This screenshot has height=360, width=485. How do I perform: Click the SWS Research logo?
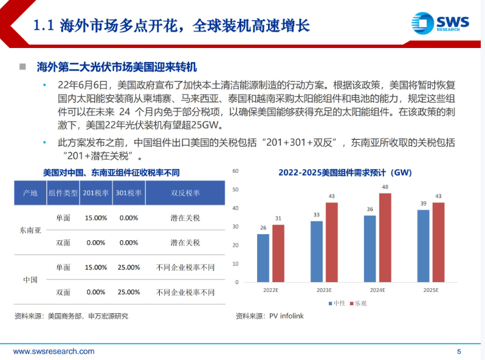[442, 24]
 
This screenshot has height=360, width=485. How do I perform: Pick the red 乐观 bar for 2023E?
[331, 244]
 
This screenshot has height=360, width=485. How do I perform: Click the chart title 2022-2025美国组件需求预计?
[345, 173]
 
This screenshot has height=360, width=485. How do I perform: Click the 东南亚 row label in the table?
[30, 230]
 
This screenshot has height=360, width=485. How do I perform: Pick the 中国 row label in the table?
[30, 279]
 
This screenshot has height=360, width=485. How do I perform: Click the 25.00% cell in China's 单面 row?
[129, 267]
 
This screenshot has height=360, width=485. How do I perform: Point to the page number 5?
[459, 351]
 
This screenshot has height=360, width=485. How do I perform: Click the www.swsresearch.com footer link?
[53, 351]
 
